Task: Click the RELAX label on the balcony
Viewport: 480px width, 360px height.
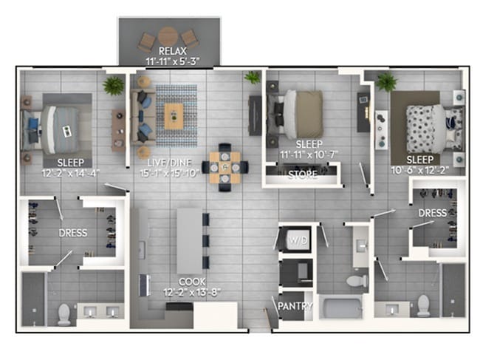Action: pyautogui.click(x=172, y=51)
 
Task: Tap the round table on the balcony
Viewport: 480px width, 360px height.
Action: pyautogui.click(x=168, y=37)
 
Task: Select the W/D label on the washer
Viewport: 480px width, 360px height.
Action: pyautogui.click(x=298, y=240)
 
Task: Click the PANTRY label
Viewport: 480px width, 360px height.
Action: pyautogui.click(x=295, y=306)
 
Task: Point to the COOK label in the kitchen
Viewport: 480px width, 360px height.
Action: pyautogui.click(x=192, y=282)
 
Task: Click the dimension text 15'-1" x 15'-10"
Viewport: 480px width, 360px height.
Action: pyautogui.click(x=170, y=173)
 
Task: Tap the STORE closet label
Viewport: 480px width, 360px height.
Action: pyautogui.click(x=303, y=174)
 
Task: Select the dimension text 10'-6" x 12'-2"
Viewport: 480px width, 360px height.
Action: pyautogui.click(x=419, y=170)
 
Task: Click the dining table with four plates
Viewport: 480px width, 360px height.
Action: pyautogui.click(x=224, y=168)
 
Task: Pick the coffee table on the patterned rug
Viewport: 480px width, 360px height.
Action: pyautogui.click(x=174, y=116)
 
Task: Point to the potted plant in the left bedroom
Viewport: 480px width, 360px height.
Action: pyautogui.click(x=114, y=86)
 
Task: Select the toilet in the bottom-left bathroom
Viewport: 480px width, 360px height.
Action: pyautogui.click(x=64, y=314)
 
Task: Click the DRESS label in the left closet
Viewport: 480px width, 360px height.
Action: pyautogui.click(x=73, y=233)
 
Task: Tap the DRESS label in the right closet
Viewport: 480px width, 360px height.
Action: pyautogui.click(x=433, y=213)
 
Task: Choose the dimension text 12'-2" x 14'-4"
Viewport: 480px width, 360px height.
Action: pyautogui.click(x=71, y=174)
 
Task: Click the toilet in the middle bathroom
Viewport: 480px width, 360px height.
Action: pyautogui.click(x=357, y=280)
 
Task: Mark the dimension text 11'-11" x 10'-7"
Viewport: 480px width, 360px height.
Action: pyautogui.click(x=309, y=154)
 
